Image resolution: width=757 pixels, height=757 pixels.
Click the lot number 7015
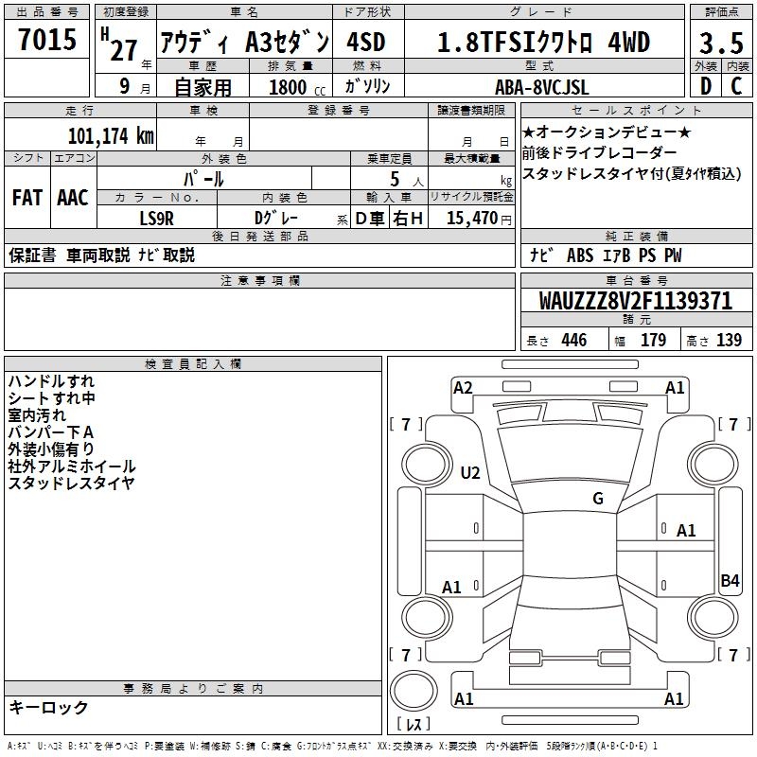point(47,39)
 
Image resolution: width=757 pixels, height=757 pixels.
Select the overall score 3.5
point(721,43)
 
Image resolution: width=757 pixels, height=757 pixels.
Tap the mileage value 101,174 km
point(111,135)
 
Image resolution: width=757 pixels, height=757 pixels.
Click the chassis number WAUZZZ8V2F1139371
point(635,301)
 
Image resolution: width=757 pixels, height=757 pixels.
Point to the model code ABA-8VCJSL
point(541,87)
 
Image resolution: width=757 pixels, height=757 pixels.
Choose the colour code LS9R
point(156,219)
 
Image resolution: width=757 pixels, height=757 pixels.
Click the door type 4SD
point(365,42)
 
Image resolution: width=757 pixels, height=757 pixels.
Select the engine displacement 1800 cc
point(297,87)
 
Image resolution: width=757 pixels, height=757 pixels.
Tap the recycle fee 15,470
point(471,218)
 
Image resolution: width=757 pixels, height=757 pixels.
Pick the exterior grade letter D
point(705,86)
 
